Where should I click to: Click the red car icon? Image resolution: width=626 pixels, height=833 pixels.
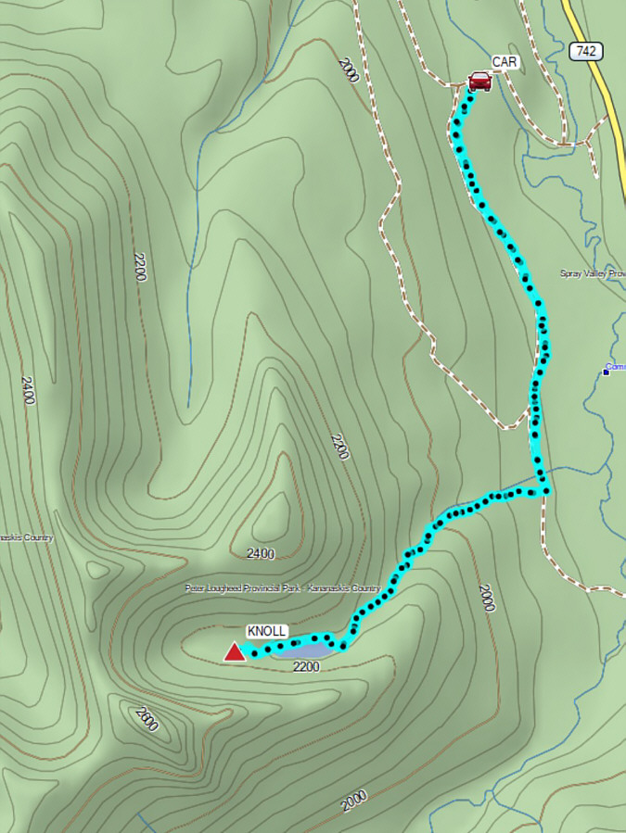point(479,82)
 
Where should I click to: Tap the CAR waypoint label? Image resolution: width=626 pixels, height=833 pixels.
point(505,62)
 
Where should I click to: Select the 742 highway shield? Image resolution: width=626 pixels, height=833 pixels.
point(585,51)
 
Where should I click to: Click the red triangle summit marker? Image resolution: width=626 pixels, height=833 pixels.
point(235,653)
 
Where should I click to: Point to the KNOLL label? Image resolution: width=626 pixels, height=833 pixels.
point(266,631)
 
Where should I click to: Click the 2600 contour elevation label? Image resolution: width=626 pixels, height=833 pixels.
point(146,719)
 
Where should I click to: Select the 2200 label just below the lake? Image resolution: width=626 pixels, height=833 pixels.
point(306,666)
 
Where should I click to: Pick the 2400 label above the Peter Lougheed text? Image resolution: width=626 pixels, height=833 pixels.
point(261,554)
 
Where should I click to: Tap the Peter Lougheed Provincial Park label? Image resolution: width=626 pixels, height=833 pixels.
point(282,588)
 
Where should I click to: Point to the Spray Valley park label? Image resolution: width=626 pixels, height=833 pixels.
point(593,273)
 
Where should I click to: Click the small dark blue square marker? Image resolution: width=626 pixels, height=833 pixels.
point(606,372)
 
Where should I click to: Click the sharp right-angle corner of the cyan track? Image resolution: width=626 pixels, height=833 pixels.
point(546,490)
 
